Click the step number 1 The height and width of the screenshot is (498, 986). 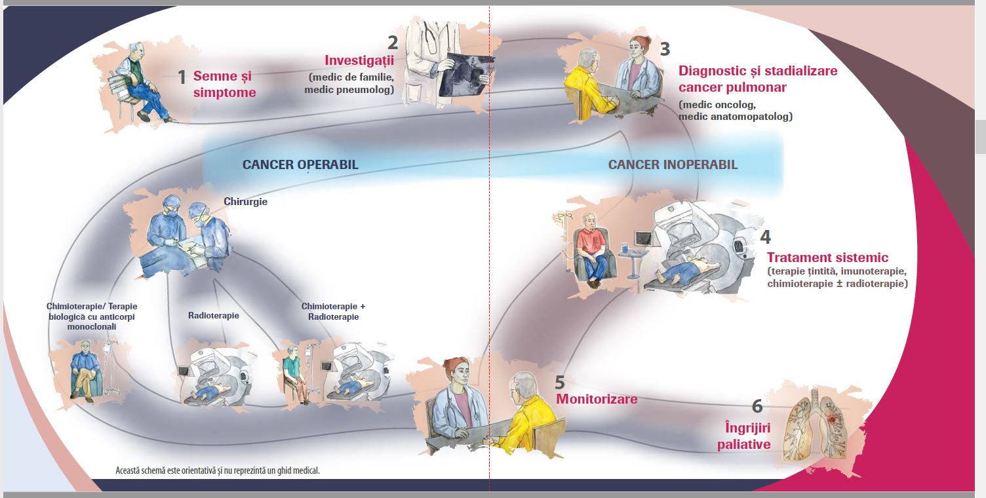(182, 77)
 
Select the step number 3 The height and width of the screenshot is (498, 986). (665, 49)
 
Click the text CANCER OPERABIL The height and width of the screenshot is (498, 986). (300, 164)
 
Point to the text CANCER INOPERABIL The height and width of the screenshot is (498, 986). (673, 164)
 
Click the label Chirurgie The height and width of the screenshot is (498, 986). (245, 202)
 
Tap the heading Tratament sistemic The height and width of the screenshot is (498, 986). (827, 258)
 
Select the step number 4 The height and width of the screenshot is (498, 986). (765, 237)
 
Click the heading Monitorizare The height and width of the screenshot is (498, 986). (597, 399)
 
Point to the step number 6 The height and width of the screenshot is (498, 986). (757, 406)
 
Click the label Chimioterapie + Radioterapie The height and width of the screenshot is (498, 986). (333, 311)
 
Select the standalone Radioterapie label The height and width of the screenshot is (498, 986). (214, 316)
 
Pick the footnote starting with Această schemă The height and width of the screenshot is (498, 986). (218, 470)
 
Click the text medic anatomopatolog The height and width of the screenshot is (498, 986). (736, 117)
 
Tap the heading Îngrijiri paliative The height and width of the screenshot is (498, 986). (743, 436)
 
